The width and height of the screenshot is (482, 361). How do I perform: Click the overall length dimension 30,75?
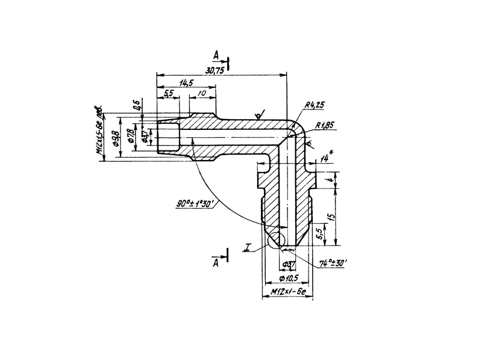214,70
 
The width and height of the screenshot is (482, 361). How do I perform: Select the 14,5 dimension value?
186,83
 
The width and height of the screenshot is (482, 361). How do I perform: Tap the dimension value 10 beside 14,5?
202,94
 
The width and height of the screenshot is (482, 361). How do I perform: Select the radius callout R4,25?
315,105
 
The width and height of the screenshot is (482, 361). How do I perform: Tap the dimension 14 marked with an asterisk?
326,158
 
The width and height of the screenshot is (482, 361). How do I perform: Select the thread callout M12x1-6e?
289,291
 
